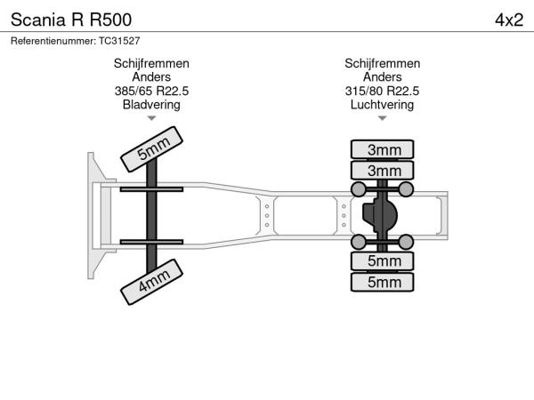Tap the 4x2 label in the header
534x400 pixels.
[x=509, y=19]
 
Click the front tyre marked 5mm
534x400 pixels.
[x=152, y=148]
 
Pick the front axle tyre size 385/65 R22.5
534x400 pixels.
[x=151, y=91]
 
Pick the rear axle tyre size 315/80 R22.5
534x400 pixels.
[x=383, y=91]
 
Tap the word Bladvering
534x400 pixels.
[x=151, y=104]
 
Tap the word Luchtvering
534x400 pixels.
[x=383, y=104]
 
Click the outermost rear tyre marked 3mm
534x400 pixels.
[x=383, y=148]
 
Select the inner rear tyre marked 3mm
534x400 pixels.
[x=383, y=170]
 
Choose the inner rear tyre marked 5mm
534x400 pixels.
[x=383, y=260]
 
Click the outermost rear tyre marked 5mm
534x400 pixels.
[x=383, y=282]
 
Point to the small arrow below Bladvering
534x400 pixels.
[x=151, y=117]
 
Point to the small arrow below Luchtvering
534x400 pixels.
[x=383, y=117]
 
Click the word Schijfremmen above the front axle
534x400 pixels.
[x=151, y=64]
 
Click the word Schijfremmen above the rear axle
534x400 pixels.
[x=383, y=64]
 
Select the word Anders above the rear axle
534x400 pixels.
[x=383, y=77]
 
